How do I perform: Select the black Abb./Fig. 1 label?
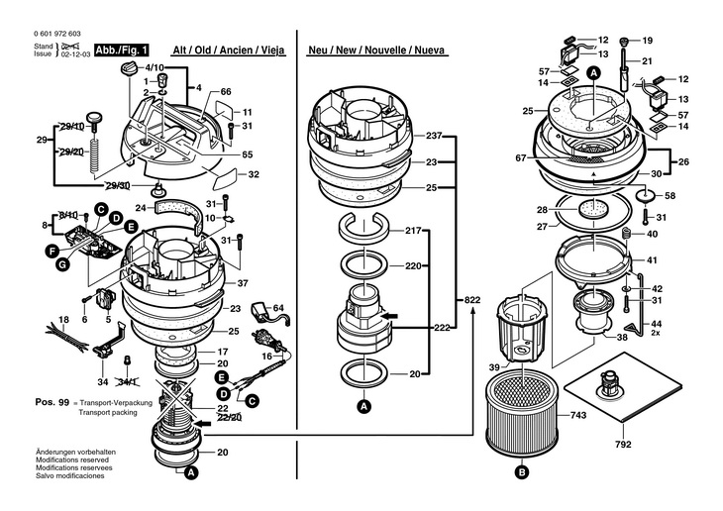point(123,48)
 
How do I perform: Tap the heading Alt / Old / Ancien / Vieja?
point(228,49)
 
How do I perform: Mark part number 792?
point(623,446)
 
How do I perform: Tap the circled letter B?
point(521,471)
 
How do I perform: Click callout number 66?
point(226,91)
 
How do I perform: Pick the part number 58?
point(670,195)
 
